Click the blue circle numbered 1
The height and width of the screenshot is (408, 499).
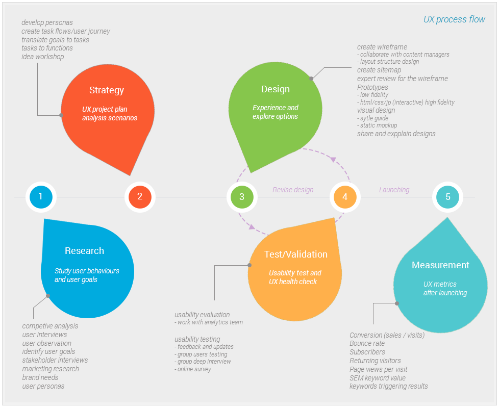tap(41, 196)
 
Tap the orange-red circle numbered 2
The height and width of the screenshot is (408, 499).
tap(140, 196)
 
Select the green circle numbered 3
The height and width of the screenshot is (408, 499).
tap(242, 196)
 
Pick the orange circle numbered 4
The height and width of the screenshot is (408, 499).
tap(345, 196)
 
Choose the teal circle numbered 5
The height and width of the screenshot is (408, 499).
tap(448, 196)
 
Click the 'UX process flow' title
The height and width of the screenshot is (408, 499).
tap(454, 19)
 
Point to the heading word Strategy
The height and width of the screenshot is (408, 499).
tap(106, 90)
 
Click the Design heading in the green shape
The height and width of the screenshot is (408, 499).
tap(275, 89)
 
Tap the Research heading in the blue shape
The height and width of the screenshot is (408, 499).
tap(84, 251)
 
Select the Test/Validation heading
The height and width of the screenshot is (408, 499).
tap(295, 254)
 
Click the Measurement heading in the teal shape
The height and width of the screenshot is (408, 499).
tap(440, 265)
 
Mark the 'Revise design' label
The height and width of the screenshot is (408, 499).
tap(292, 190)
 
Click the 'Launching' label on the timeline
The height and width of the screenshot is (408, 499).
tap(394, 190)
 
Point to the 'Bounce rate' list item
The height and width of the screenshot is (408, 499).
tap(367, 343)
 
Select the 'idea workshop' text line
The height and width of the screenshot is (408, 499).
tap(43, 57)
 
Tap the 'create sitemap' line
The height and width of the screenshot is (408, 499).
tap(379, 70)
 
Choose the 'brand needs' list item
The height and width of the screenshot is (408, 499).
tap(40, 377)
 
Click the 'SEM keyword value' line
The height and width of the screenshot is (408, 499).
tap(377, 378)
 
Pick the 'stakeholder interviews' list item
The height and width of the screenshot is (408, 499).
tap(55, 360)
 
